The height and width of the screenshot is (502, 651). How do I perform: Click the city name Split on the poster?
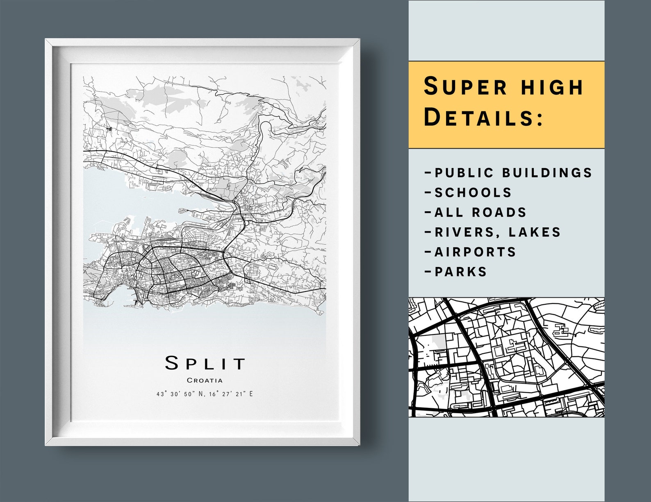tap(205, 363)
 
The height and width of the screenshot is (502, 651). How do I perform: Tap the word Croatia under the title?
tap(205, 380)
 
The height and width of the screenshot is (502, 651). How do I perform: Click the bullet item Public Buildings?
tap(509, 173)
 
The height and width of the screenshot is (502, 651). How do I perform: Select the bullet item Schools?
tap(469, 192)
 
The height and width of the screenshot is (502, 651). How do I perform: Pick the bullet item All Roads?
tap(476, 212)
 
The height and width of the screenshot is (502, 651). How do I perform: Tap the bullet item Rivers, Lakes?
tap(492, 232)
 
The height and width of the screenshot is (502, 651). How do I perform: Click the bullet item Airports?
tap(471, 252)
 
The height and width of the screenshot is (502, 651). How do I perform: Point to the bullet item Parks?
tap(456, 271)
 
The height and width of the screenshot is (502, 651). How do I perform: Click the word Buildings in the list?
tap(547, 173)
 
